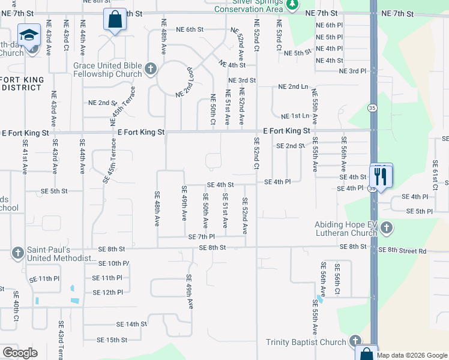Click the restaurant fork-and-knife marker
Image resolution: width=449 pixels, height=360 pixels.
[379, 176]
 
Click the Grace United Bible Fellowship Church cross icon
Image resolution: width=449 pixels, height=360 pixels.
[150, 70]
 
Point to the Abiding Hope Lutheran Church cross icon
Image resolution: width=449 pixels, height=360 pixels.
[387, 228]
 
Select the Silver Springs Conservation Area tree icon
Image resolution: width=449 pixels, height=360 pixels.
[292, 5]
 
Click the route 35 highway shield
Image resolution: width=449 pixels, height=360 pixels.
[373, 107]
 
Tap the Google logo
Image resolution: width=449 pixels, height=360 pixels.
[20, 353]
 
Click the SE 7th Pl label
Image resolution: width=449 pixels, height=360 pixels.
[200, 238]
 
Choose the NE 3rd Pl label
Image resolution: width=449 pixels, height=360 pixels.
[352, 71]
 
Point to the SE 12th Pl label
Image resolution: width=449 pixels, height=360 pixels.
[107, 292]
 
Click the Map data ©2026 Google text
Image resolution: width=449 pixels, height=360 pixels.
[412, 355]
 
